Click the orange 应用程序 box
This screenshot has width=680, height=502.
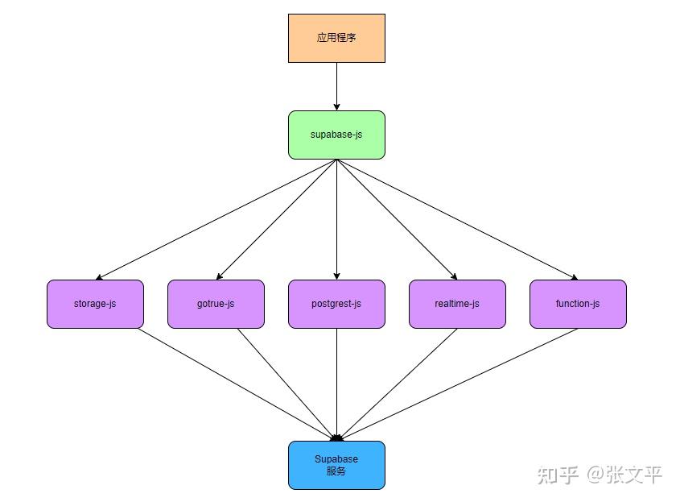point(336,38)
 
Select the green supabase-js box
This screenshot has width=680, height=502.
point(336,135)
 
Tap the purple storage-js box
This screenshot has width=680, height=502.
point(95,304)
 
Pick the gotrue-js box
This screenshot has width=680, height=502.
point(216,304)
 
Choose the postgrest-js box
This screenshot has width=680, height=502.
point(336,304)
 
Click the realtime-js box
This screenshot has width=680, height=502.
point(457,304)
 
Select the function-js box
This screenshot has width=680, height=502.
point(578,304)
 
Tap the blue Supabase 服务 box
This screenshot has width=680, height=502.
point(336,465)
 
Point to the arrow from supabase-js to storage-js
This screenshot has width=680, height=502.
point(216,219)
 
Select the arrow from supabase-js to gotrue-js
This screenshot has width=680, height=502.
point(276,219)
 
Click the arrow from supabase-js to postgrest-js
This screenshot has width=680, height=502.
point(336,219)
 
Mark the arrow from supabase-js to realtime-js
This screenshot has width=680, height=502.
point(397,219)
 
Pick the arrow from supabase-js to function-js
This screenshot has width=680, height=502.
point(457,219)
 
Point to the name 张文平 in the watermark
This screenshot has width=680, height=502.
point(635,474)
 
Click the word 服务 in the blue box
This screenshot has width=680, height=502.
point(336,471)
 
